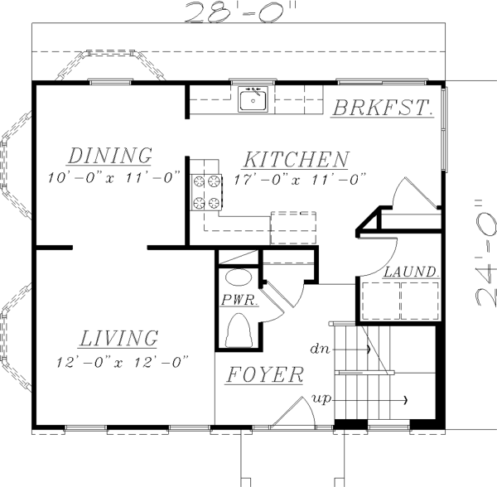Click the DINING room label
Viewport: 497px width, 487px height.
coord(110,155)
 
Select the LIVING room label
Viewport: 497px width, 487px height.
coord(118,338)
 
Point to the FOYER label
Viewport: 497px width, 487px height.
coord(264,375)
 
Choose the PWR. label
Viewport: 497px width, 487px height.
coord(239,301)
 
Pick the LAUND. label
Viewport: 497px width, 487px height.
coord(410,272)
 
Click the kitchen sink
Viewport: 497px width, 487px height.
coord(252,100)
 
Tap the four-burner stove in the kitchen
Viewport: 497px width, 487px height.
coord(207,192)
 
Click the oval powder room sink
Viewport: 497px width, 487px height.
coord(239,278)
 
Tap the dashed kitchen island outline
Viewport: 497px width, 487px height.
coord(292,225)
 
